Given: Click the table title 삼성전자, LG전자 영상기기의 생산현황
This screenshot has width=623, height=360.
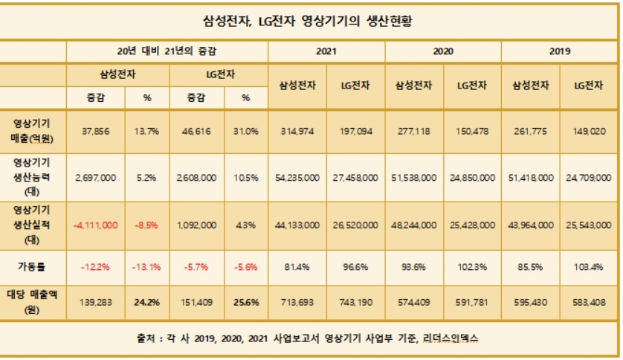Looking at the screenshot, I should point(311,21).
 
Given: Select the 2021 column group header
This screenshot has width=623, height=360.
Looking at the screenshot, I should point(326,52).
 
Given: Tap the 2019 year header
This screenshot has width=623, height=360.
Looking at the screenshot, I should point(560,52).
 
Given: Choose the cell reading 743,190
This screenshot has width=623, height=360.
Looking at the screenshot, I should point(355,303).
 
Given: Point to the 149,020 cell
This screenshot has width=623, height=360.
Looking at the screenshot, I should point(589,131).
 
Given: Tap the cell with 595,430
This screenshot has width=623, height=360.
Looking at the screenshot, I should point(530,303).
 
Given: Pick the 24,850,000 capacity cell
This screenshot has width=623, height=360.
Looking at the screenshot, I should point(471,178).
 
